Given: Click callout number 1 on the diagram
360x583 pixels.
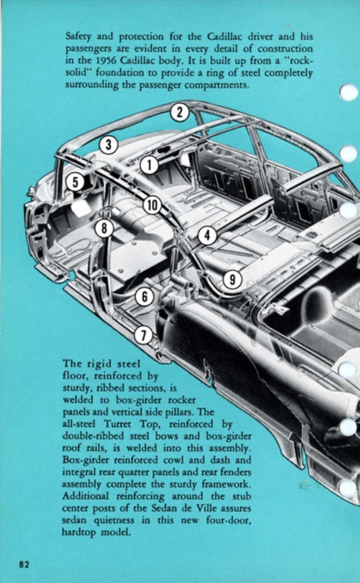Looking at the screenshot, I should coord(149,165).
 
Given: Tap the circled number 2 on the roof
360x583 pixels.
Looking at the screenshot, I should coord(180,112).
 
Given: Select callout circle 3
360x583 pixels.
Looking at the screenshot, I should coord(109,143).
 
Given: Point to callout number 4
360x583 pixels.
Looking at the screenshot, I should coord(207,235).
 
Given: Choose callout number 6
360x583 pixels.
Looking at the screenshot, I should coord(144,296).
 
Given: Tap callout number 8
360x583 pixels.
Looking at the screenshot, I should coord(104,227).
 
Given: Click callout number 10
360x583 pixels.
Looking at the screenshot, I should coord(152,205).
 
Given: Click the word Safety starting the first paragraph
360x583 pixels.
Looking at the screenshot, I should coord(78,35).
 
